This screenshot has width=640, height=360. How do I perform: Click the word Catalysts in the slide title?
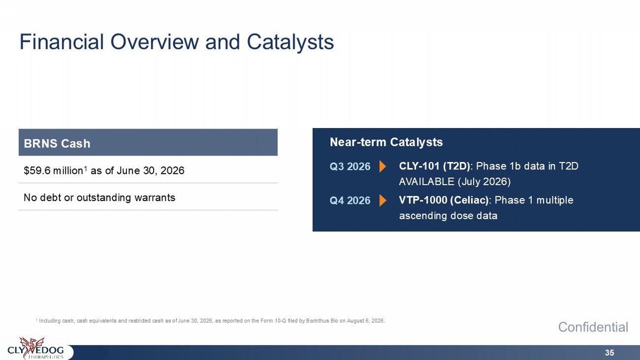point(290,42)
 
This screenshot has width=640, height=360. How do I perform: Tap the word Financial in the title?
point(62,42)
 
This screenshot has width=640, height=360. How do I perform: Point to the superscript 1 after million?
point(85,168)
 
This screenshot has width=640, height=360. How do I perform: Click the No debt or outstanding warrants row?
point(99,197)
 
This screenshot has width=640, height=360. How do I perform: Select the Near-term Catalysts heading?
point(386,142)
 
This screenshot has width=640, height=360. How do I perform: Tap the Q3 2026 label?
point(350,166)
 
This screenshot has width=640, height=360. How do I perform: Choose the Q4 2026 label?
point(350,200)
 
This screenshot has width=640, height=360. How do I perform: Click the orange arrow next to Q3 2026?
point(383,166)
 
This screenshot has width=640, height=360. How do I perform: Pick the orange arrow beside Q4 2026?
point(383,200)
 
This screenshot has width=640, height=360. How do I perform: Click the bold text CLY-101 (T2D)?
point(434,166)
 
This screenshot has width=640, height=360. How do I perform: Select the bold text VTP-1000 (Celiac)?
point(444,200)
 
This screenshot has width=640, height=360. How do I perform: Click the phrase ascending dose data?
point(448,216)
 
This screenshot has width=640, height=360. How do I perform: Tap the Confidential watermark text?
point(593,327)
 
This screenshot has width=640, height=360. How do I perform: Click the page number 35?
point(609,353)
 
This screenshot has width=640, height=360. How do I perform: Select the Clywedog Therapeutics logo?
point(36,348)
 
